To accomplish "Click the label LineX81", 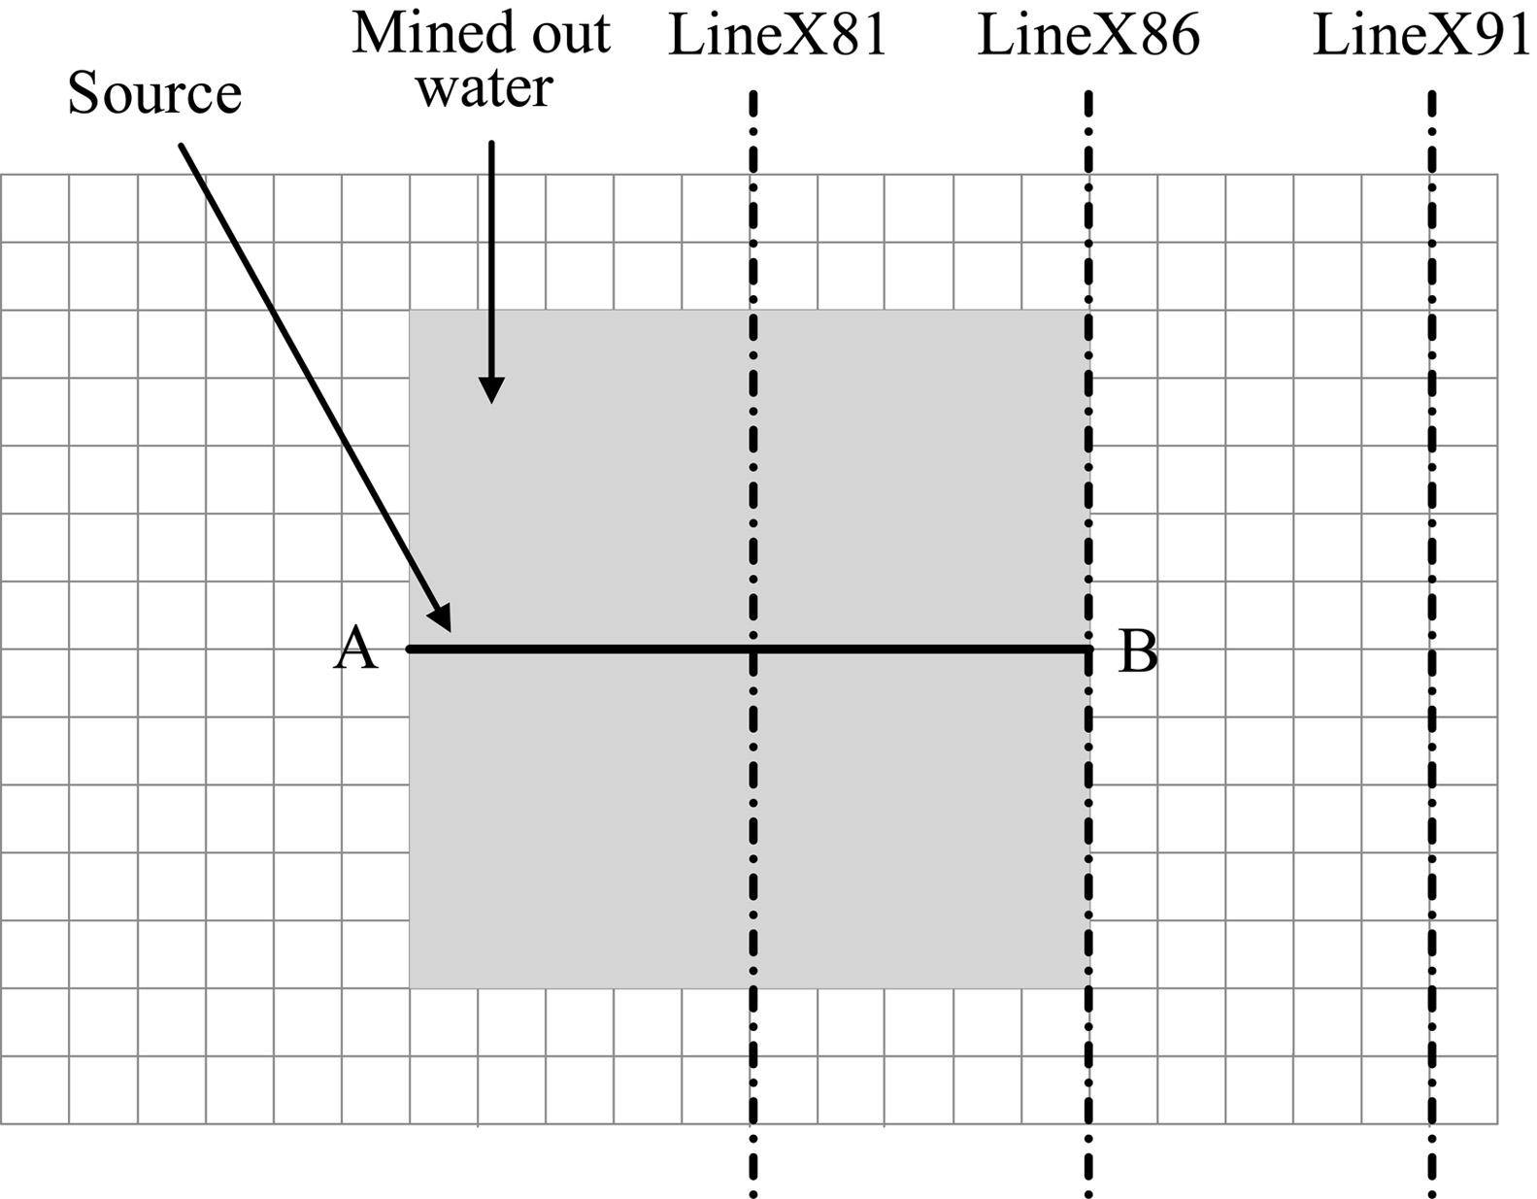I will [x=778, y=37].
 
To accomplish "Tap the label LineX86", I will [x=1088, y=37].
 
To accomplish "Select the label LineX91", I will [x=1421, y=37].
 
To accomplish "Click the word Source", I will [x=154, y=94].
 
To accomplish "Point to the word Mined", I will [x=419, y=33].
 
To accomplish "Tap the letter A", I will [x=354, y=649].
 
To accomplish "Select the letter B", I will [x=1138, y=650].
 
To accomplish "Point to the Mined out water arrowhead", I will [x=492, y=392].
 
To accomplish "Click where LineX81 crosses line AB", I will [x=753, y=649].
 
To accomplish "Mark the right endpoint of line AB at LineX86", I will [x=1087, y=649].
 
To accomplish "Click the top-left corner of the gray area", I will [x=410, y=311].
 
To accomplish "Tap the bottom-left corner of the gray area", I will [x=410, y=987].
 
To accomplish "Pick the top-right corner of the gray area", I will [x=1087, y=311].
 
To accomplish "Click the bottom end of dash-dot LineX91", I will [x=1432, y=1193].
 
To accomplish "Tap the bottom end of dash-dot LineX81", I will [x=753, y=1193].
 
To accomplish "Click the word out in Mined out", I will [x=566, y=35].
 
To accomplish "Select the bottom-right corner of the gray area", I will [x=1087, y=987].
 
